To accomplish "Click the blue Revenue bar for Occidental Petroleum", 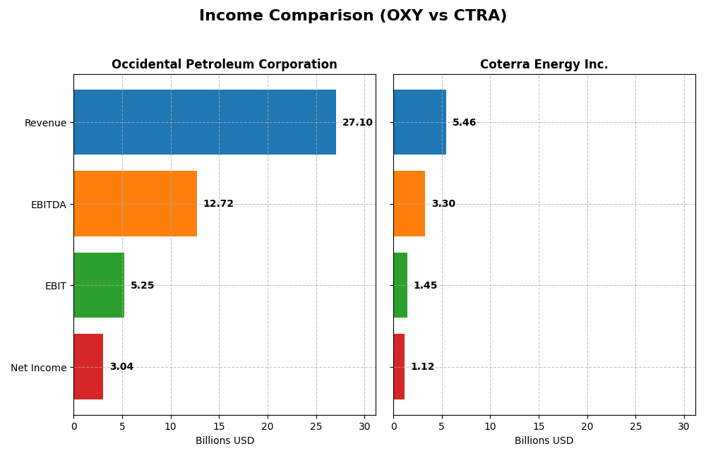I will point(205,122).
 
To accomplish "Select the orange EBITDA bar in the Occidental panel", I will point(135,204).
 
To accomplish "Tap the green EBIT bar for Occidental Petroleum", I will point(99,285).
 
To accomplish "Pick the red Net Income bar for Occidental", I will point(88,367).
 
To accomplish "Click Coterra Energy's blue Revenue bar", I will point(419,122).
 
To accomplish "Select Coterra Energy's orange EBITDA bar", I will point(409,204).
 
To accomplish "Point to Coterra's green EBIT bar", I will point(400,285).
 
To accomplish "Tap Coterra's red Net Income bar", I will point(399,367).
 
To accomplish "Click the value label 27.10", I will point(357,123).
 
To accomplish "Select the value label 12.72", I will point(218,204).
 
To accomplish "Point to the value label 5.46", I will point(464,123).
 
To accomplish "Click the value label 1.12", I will point(422,367).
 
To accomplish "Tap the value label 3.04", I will point(121,367).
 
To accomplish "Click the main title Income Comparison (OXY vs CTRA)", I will point(353,16).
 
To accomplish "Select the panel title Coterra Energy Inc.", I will point(544,65).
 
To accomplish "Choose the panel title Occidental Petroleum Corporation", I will point(225,65).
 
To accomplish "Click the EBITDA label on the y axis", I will point(49,205).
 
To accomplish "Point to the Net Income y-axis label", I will point(39,368).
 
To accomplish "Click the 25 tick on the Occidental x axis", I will point(316,426).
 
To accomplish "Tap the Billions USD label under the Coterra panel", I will point(544,441).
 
